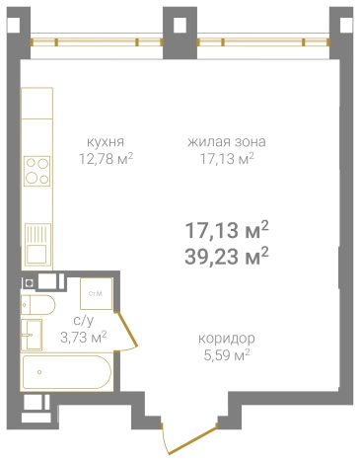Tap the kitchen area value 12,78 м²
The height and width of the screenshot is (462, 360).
click(x=107, y=156)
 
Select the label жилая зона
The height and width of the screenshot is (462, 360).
click(x=226, y=141)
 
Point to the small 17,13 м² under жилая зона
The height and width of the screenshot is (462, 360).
click(x=226, y=156)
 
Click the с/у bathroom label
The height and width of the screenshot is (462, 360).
click(x=83, y=321)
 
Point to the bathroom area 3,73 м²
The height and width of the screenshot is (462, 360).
click(x=83, y=337)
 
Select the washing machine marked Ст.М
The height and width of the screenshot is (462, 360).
click(x=97, y=293)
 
